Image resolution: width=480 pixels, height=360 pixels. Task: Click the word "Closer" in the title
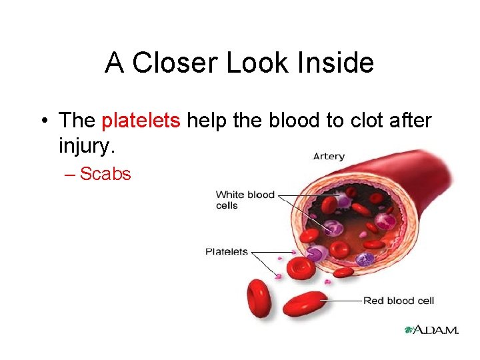174,63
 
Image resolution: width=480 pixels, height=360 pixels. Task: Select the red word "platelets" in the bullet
141,121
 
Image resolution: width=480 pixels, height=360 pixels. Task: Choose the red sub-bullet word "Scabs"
105,174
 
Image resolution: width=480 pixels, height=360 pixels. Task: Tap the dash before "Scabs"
71,174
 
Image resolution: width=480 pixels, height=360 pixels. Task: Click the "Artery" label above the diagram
329,157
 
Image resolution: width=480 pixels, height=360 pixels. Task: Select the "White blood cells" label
245,200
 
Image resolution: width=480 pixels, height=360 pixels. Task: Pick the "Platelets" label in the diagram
226,252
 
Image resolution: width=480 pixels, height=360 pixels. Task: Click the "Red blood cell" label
398,301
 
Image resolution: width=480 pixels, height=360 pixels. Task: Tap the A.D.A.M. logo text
436,329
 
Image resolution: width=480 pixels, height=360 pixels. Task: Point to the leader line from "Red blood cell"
343,301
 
